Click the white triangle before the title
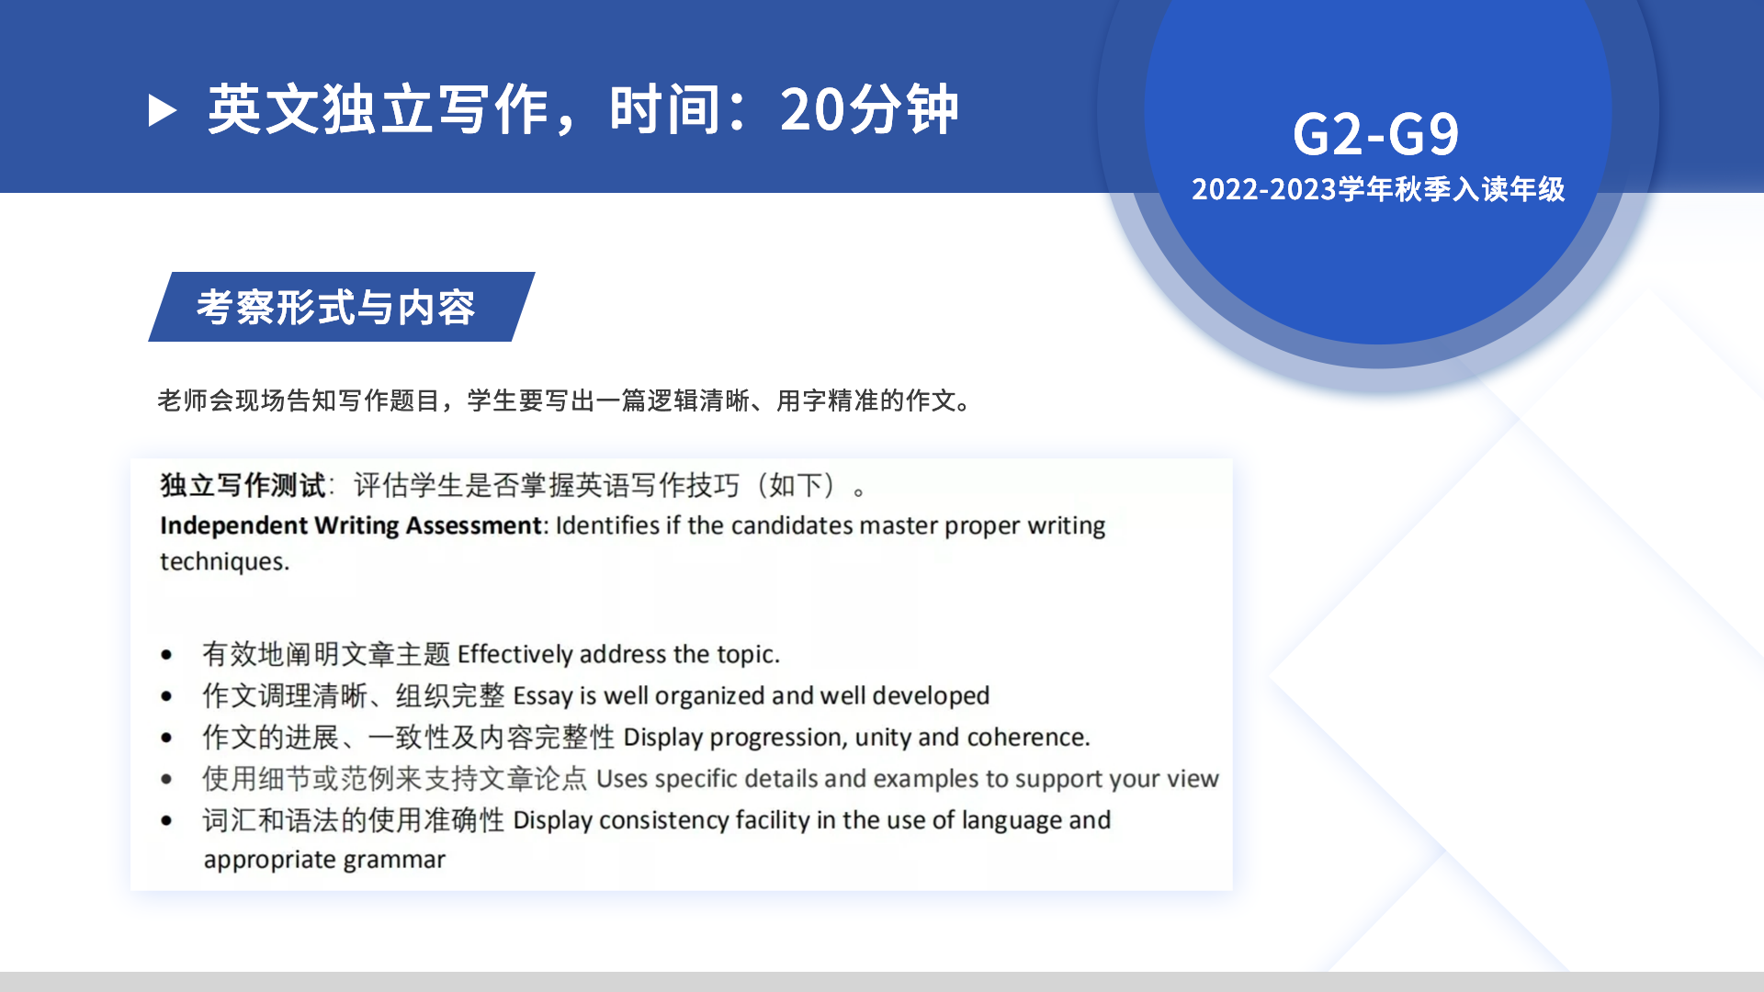[162, 110]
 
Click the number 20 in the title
[812, 110]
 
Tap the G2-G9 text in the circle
[1375, 134]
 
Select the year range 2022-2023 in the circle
[1263, 189]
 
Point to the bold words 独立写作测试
[243, 485]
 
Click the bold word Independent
[233, 525]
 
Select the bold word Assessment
[474, 525]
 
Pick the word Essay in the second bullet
[542, 696]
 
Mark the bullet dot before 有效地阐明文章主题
[166, 655]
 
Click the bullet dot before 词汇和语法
[166, 820]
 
